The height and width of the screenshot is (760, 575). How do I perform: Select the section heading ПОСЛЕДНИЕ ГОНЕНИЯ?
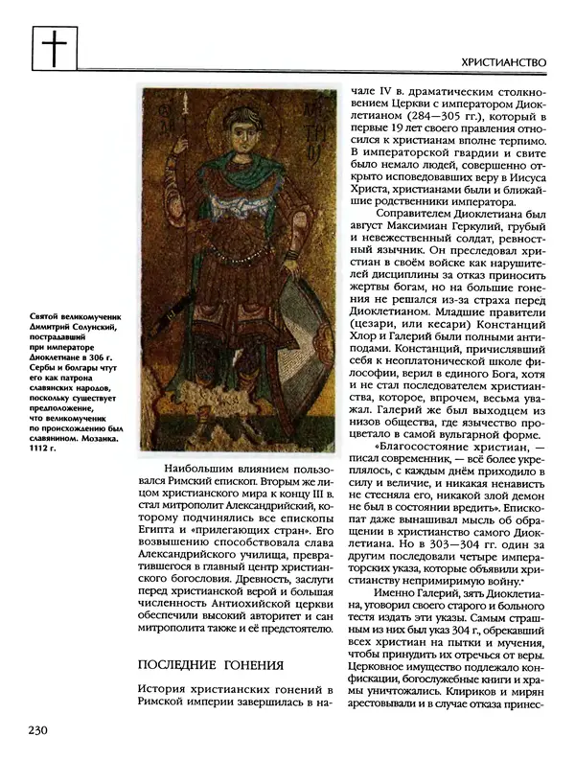(211, 665)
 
